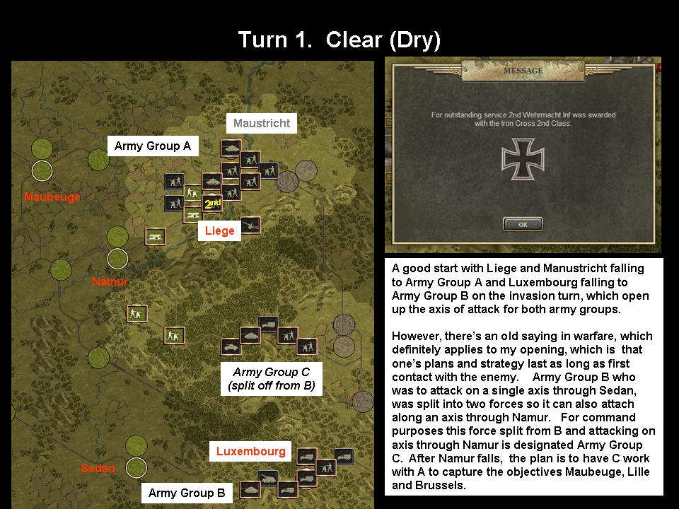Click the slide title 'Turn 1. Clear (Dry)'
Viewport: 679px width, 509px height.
(339, 40)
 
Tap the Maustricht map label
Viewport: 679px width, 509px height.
(262, 123)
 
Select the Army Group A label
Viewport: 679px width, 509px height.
(153, 146)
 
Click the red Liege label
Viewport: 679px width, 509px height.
(219, 231)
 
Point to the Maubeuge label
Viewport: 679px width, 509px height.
(52, 197)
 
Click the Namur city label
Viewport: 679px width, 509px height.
(110, 282)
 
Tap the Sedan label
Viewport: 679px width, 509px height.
(98, 468)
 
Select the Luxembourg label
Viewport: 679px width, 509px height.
(251, 451)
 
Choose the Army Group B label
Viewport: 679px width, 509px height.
(187, 493)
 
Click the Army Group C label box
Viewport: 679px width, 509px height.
(271, 379)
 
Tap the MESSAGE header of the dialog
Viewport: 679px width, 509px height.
(523, 71)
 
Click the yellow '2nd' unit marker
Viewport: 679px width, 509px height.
(212, 204)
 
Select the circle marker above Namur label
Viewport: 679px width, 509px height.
(117, 258)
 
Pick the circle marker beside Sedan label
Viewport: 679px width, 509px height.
(136, 467)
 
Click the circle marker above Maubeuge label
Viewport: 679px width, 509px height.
(42, 170)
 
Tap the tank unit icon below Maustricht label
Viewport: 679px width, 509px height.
(231, 148)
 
